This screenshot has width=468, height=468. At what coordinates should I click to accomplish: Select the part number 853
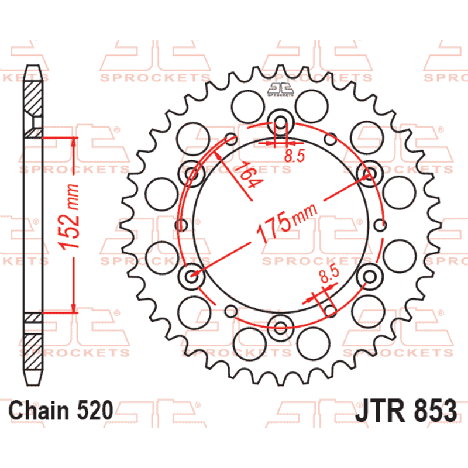[431, 410]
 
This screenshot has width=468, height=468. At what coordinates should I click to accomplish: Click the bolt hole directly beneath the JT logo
[280, 123]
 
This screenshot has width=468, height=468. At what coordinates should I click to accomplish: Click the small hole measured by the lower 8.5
[329, 309]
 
